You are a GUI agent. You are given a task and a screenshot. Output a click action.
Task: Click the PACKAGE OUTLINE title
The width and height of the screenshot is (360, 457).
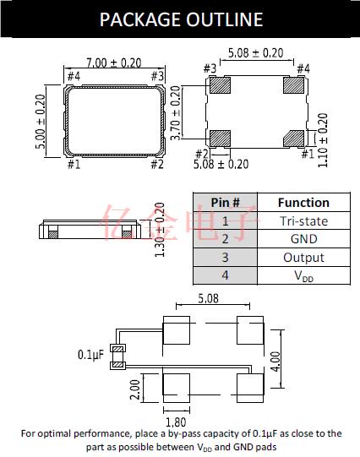(x=181, y=19)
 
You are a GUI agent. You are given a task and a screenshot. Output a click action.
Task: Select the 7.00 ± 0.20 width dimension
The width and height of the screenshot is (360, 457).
(x=114, y=63)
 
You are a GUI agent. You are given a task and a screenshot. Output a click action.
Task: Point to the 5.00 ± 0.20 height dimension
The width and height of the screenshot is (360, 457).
(x=41, y=122)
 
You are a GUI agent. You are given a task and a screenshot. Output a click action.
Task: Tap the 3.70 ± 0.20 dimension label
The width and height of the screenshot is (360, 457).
(x=175, y=113)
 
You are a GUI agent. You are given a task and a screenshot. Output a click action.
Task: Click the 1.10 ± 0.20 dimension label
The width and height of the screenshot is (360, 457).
(x=323, y=140)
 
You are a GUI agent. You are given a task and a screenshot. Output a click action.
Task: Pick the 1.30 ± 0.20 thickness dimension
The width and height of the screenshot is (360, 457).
(x=160, y=230)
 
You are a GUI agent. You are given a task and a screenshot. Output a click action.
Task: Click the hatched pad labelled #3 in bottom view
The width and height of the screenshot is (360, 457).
(x=220, y=85)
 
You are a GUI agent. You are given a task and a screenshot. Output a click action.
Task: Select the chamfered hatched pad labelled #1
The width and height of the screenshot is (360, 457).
(x=293, y=139)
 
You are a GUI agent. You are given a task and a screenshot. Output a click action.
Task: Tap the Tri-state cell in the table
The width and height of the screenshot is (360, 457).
(x=303, y=221)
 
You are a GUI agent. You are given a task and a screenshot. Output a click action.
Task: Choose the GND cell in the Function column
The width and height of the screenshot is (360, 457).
(x=303, y=239)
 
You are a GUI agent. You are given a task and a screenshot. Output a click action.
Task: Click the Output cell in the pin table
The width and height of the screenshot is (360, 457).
(x=303, y=258)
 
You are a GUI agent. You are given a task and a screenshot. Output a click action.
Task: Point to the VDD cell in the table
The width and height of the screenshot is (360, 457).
(x=303, y=275)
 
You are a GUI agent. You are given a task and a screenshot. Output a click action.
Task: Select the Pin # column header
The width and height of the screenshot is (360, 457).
(x=226, y=203)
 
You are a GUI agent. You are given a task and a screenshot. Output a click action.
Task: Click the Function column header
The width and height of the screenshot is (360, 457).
(x=303, y=203)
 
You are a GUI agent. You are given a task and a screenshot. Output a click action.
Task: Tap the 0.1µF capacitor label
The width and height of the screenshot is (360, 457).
(x=90, y=355)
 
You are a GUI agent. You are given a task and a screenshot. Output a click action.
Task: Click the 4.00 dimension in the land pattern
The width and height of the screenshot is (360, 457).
(x=275, y=362)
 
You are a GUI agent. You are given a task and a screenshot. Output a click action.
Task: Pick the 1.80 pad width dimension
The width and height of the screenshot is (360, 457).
(x=176, y=422)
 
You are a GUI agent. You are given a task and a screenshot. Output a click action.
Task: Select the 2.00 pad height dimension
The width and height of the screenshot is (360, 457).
(x=135, y=389)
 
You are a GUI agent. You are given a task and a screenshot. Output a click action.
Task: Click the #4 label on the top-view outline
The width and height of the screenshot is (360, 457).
(x=74, y=76)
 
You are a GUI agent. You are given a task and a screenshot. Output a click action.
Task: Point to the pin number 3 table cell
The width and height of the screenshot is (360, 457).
(x=225, y=258)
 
